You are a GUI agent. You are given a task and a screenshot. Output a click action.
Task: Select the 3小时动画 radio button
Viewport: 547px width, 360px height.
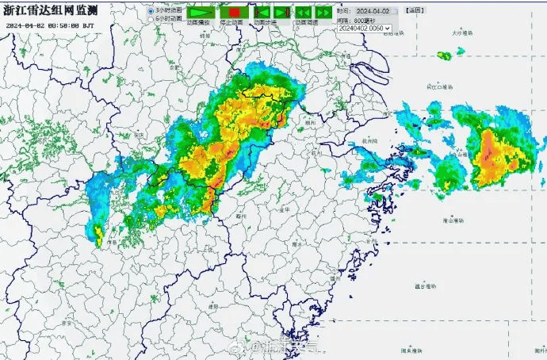click(x=151, y=10)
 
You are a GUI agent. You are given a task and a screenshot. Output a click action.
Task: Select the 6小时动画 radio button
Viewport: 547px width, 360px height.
click(x=151, y=17)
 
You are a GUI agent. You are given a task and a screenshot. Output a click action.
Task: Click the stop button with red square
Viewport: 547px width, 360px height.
click(x=234, y=12)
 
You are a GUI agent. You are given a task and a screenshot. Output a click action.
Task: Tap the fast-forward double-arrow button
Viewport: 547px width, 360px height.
click(x=323, y=12)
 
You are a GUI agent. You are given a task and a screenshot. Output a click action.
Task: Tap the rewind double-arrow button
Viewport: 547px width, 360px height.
click(x=302, y=12)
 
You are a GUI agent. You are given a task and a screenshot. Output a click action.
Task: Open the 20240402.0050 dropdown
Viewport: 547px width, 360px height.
click(x=365, y=28)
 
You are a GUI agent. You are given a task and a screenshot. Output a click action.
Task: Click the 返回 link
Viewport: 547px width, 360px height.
click(x=414, y=11)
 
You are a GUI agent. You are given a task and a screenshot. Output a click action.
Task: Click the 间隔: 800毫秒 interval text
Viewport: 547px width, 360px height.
click(x=355, y=20)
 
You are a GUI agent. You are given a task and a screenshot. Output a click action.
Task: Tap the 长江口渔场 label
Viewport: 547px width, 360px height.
click(x=440, y=86)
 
